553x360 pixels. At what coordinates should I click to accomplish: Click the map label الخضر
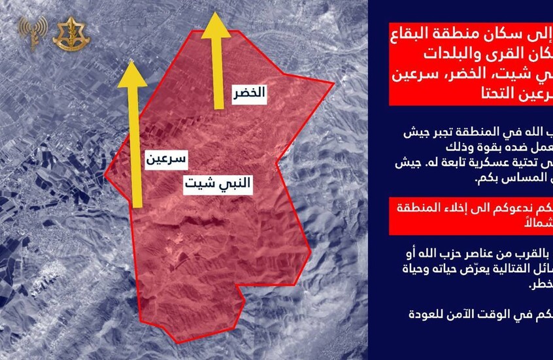coord(249,93)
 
